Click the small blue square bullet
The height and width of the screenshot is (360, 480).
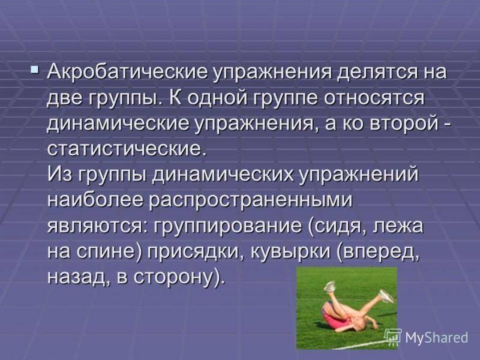(x=35, y=70)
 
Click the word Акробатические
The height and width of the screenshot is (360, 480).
(x=127, y=73)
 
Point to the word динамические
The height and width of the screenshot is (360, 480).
(x=118, y=125)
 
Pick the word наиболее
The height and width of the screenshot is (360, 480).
(x=95, y=200)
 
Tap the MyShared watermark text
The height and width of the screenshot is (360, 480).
(x=437, y=338)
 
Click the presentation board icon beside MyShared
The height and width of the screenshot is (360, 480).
(x=393, y=336)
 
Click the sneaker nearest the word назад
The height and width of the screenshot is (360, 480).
(x=329, y=287)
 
